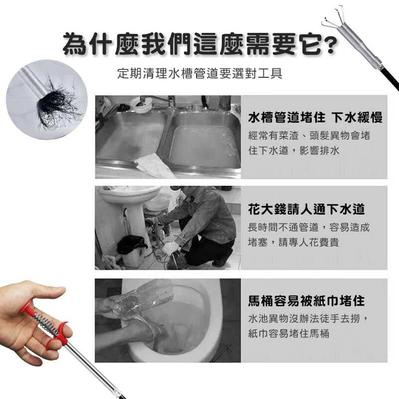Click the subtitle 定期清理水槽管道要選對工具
(200, 73)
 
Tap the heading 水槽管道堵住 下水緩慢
(315, 118)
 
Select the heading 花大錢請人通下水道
(306, 209)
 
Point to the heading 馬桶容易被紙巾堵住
(306, 301)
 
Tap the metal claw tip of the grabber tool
(331, 20)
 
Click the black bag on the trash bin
(131, 244)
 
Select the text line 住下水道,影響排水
(294, 151)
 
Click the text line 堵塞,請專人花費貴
(293, 242)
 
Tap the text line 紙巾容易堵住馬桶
(289, 333)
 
